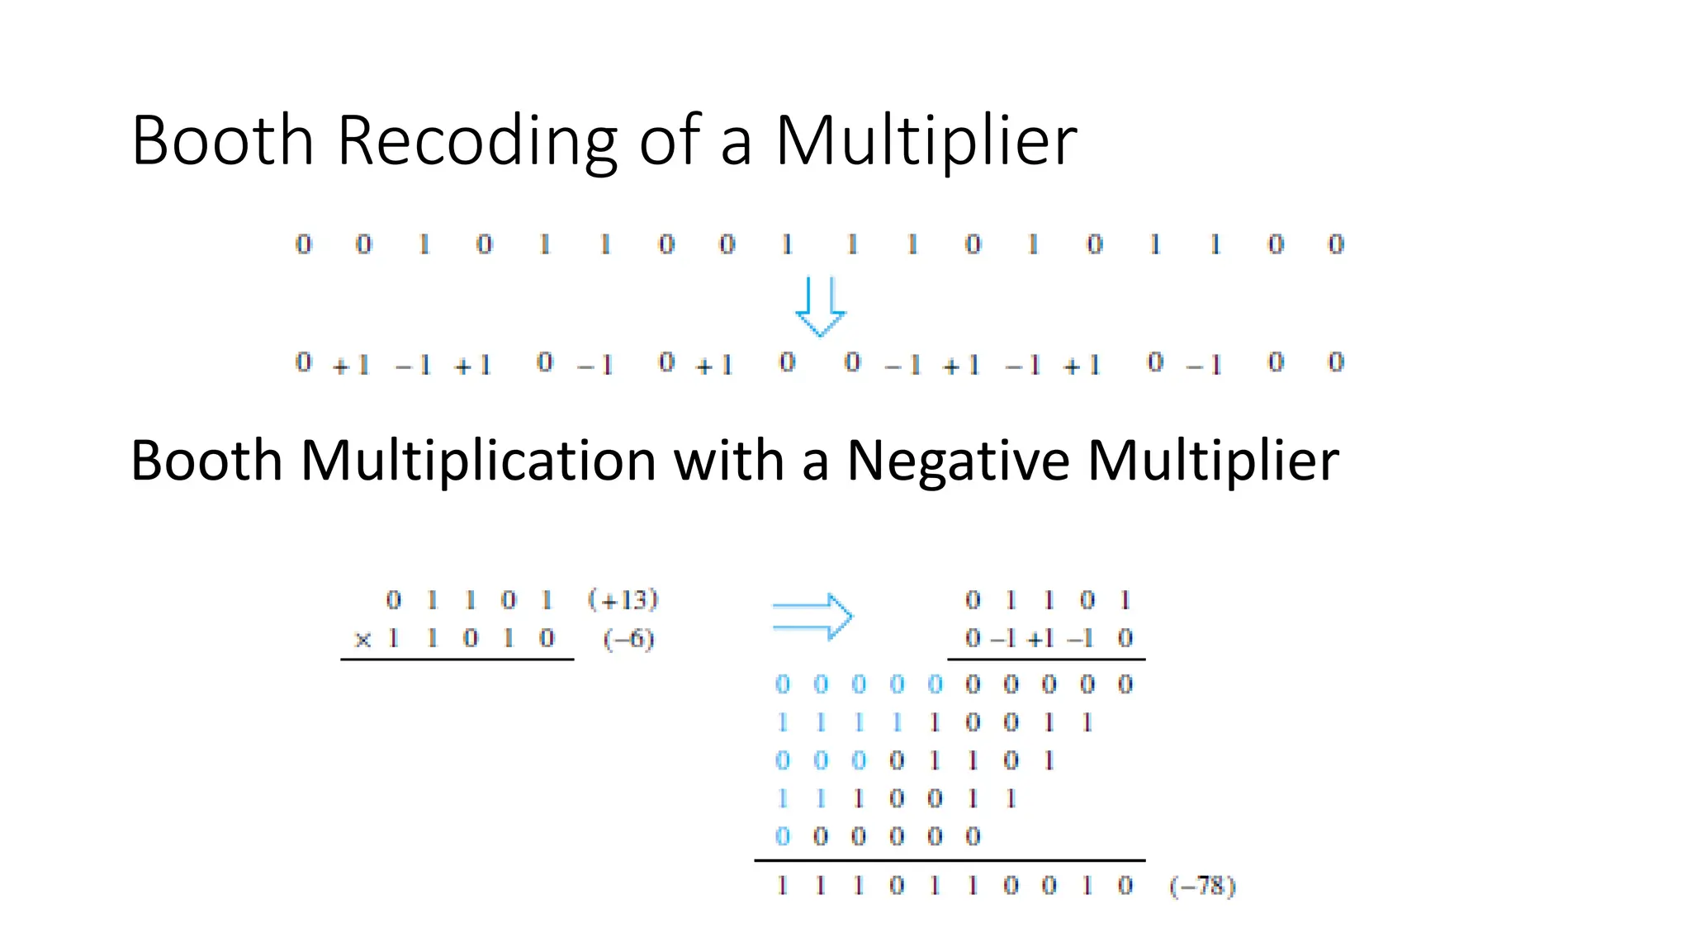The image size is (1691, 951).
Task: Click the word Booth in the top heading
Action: [x=222, y=140]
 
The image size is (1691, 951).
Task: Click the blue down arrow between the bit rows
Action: [x=820, y=307]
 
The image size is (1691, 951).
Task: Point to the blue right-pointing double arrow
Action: [x=812, y=617]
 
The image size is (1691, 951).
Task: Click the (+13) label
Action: [x=623, y=599]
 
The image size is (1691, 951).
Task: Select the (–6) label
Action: [x=628, y=639]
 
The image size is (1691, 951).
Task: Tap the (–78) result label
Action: [x=1202, y=887]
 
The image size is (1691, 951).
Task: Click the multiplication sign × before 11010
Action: [x=362, y=639]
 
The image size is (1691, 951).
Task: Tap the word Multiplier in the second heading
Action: [x=1213, y=460]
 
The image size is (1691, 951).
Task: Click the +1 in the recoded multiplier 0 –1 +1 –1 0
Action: [x=1040, y=639]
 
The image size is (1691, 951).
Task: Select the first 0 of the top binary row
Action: [x=304, y=244]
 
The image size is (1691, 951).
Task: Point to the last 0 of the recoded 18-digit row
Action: [x=1336, y=362]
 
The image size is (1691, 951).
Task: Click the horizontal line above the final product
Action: [x=950, y=860]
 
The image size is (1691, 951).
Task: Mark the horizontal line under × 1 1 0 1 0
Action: [x=457, y=660]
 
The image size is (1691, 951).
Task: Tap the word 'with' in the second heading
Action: [x=729, y=460]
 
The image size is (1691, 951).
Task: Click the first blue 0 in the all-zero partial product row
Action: [x=783, y=684]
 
